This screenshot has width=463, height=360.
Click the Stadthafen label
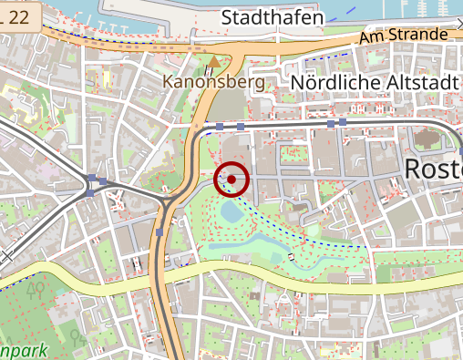click(x=273, y=17)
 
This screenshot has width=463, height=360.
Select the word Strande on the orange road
click(x=420, y=35)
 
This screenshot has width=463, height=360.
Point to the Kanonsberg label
click(x=213, y=82)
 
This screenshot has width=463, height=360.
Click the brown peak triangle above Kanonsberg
click(x=214, y=62)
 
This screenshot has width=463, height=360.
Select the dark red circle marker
click(x=231, y=180)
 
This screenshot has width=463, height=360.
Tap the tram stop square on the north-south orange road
click(x=159, y=232)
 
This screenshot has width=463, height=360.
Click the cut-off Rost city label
click(x=432, y=170)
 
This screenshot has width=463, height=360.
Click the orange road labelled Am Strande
click(x=301, y=44)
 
